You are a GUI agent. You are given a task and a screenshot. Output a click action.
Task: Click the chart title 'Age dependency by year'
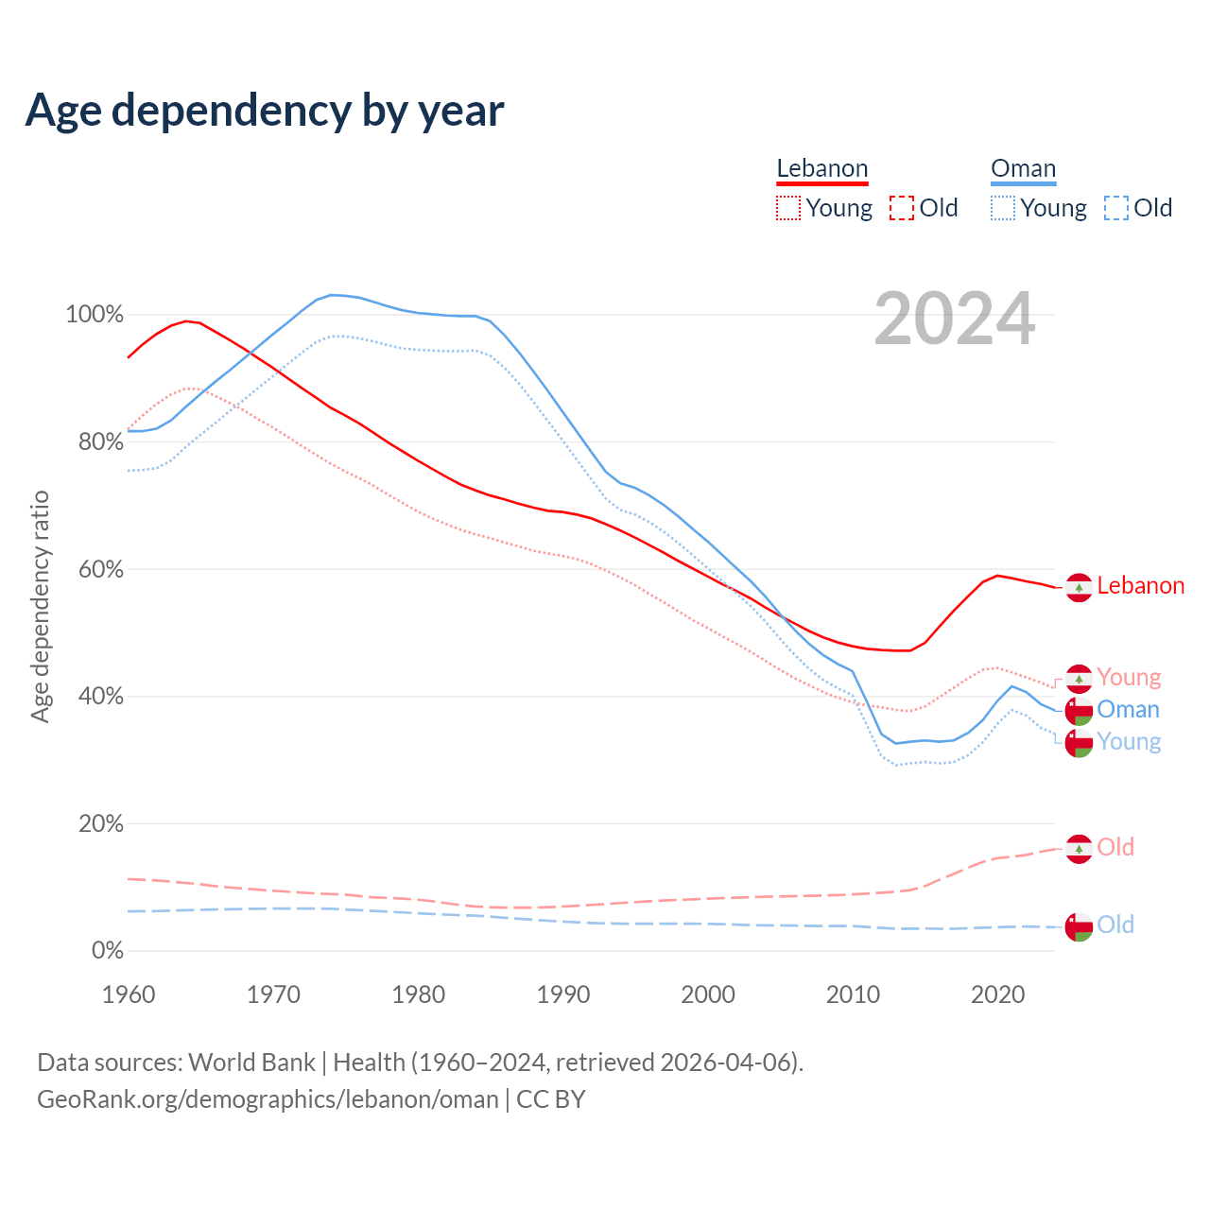265,110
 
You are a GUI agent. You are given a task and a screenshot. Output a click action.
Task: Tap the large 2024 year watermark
955,320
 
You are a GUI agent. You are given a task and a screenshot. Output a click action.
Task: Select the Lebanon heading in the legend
821,168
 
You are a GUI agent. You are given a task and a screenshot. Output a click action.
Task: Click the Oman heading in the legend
1023,168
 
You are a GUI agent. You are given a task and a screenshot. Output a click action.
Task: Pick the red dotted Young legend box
787,208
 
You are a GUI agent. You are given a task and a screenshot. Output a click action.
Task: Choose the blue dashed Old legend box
1115,208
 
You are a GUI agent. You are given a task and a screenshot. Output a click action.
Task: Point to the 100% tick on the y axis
95,315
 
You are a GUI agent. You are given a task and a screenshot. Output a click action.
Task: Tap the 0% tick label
108,951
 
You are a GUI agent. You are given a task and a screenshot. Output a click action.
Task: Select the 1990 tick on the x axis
563,994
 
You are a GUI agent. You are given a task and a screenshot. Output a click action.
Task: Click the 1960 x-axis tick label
129,994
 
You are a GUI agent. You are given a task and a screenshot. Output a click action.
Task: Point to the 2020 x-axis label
998,994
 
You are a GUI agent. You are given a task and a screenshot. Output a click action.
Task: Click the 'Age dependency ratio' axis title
40,606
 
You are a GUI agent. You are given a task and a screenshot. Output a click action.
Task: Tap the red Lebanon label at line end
1140,586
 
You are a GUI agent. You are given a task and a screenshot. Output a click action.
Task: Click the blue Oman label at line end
1128,710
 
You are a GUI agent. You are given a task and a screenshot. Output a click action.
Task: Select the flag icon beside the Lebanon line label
1079,587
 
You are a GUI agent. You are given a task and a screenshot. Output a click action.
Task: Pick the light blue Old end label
1115,925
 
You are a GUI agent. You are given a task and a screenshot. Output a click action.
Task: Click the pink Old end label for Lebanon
1115,847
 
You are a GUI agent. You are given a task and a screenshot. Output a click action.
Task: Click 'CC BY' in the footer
551,1099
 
